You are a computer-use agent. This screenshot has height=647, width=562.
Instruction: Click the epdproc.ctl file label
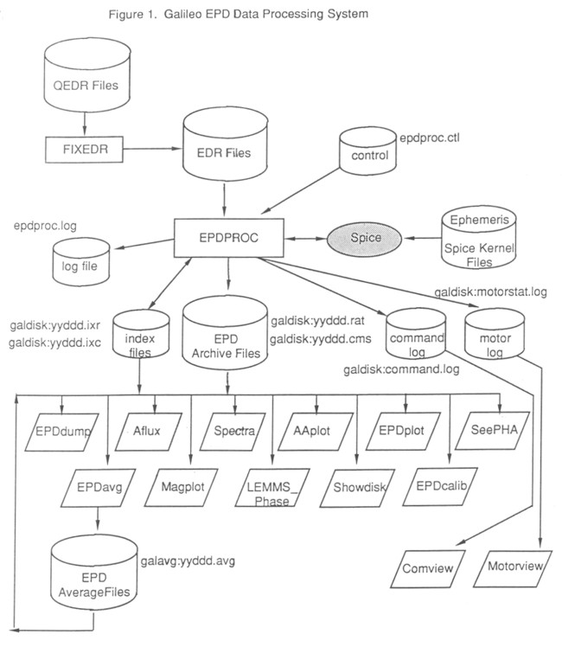click(x=428, y=138)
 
